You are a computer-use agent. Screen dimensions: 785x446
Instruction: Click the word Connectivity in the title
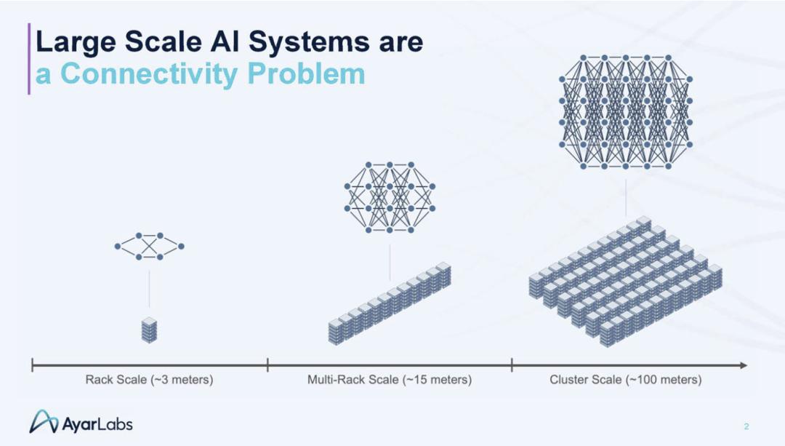pyautogui.click(x=149, y=74)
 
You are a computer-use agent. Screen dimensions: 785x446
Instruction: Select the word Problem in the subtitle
pyautogui.click(x=307, y=74)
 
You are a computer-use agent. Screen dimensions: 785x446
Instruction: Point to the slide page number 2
pyautogui.click(x=746, y=426)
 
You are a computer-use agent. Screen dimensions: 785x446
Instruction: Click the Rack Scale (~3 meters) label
pyautogui.click(x=149, y=379)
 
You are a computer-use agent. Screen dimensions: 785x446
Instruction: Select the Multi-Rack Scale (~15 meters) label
pyautogui.click(x=390, y=379)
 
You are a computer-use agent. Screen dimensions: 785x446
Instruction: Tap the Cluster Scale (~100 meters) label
pyautogui.click(x=626, y=379)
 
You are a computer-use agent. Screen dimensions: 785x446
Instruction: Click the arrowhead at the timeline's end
pyautogui.click(x=744, y=365)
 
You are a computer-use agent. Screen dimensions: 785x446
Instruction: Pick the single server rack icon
pyautogui.click(x=149, y=330)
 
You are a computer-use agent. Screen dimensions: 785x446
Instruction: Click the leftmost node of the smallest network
pyautogui.click(x=118, y=246)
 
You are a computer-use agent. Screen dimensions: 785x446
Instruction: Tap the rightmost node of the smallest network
pyautogui.click(x=181, y=246)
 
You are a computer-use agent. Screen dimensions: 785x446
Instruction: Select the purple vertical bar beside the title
pyautogui.click(x=29, y=59)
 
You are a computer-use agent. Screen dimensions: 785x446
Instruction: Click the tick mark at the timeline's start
pyautogui.click(x=32, y=365)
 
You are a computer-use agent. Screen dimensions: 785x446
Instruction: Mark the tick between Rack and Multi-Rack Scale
pyautogui.click(x=267, y=365)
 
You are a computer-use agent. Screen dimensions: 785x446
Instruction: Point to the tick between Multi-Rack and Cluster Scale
pyautogui.click(x=512, y=365)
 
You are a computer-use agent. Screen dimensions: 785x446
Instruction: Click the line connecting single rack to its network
pyautogui.click(x=149, y=289)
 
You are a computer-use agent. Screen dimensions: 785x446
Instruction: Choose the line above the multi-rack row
pyautogui.click(x=390, y=263)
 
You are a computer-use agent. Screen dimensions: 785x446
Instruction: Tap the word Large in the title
pyautogui.click(x=76, y=43)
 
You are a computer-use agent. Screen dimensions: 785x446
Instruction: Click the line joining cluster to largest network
pyautogui.click(x=626, y=198)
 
